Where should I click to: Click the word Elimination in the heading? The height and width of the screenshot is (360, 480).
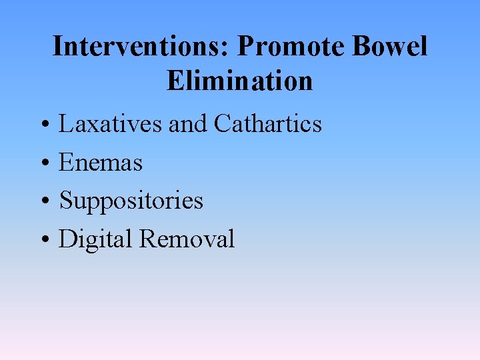(x=240, y=81)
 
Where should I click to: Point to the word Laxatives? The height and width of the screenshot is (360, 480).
(x=110, y=124)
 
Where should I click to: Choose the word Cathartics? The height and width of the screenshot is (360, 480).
(x=267, y=124)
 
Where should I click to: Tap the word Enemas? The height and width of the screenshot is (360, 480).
(x=101, y=162)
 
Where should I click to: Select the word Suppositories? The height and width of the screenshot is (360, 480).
(x=131, y=201)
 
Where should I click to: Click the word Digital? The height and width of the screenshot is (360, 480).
(x=95, y=239)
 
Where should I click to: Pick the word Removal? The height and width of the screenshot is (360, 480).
(x=187, y=239)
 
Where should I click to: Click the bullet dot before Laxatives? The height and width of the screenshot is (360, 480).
(x=42, y=125)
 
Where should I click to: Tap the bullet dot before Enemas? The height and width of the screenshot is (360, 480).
(x=42, y=163)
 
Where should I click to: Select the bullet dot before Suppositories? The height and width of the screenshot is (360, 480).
(x=42, y=201)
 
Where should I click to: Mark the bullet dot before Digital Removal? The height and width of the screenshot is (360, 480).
(x=42, y=240)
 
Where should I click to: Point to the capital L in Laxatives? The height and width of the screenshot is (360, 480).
(x=65, y=124)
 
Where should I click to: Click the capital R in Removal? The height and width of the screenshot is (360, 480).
(x=147, y=239)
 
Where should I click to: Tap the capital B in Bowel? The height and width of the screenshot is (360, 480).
(x=361, y=47)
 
